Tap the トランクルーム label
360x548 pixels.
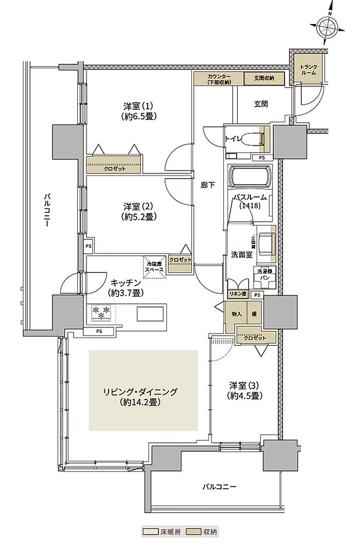309,70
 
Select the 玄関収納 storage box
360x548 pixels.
261,78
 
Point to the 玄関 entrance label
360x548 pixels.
261,104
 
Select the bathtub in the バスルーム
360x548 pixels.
250,176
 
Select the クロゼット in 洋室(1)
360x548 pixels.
114,166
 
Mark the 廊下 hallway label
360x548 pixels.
209,185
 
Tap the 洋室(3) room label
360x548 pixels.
244,385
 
